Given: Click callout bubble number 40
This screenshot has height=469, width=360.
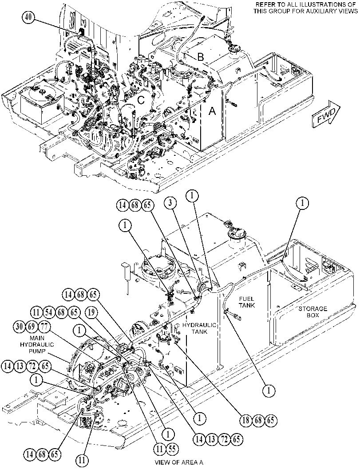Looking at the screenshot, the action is click(28, 17).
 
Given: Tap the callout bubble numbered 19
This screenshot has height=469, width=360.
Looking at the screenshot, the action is click(92, 312).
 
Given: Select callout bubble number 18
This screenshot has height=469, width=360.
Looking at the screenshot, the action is click(246, 420).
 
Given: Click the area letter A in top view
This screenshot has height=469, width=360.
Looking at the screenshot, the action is click(212, 111).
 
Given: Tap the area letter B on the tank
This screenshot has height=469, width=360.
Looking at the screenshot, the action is click(201, 57).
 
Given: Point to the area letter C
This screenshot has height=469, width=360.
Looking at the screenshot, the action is click(141, 100).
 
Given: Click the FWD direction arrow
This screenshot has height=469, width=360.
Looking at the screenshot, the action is click(325, 115).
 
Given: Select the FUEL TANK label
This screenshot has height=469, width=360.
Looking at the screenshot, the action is click(247, 302).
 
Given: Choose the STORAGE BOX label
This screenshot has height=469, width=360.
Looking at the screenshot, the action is click(313, 311).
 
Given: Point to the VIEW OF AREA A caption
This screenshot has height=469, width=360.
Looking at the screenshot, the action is click(179, 462).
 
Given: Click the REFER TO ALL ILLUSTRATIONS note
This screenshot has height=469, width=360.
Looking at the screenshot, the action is click(306, 8).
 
